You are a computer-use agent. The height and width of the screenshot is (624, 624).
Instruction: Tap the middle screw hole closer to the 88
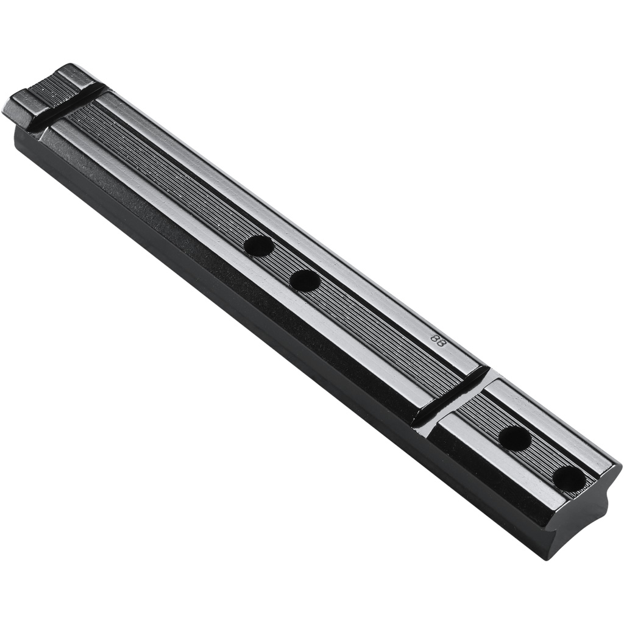pyautogui.click(x=305, y=280)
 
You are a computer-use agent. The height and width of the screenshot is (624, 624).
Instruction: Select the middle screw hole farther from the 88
pyautogui.click(x=258, y=246)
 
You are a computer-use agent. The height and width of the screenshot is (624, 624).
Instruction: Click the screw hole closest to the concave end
pyautogui.click(x=570, y=478)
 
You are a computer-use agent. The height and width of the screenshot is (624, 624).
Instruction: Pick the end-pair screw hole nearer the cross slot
pyautogui.click(x=515, y=438)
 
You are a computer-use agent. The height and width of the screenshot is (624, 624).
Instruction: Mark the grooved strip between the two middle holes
pyautogui.click(x=282, y=263)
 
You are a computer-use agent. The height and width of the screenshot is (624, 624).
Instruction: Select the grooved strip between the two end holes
pyautogui.click(x=542, y=458)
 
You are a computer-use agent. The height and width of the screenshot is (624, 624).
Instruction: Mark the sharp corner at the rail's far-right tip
pyautogui.click(x=618, y=466)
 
